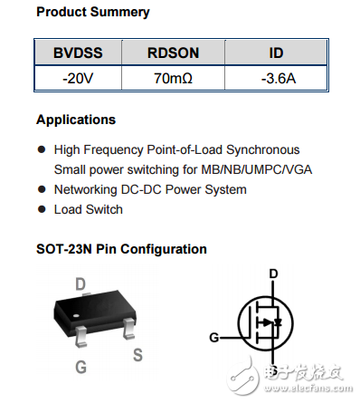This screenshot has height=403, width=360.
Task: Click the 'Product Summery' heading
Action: click(93, 13)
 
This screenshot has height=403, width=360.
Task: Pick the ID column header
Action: click(276, 53)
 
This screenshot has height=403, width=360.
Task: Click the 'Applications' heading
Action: click(76, 120)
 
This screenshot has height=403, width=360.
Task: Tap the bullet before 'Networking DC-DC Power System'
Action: click(42, 190)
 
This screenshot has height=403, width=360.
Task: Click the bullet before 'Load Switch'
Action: click(42, 210)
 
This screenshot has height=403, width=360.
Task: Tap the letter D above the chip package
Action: click(81, 284)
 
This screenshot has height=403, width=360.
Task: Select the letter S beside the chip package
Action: click(137, 354)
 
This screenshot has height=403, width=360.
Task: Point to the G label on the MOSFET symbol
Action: click(214, 338)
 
